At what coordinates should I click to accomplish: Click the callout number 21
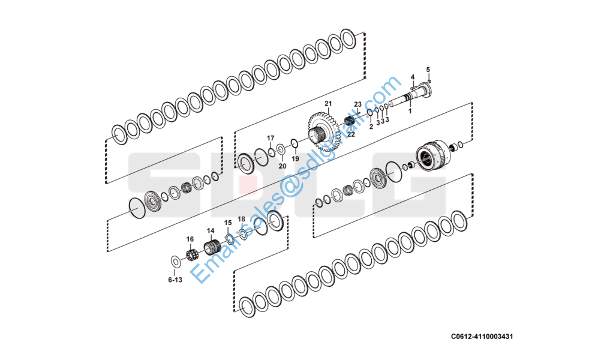coord(328,103)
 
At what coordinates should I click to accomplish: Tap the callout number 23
coord(358,104)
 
